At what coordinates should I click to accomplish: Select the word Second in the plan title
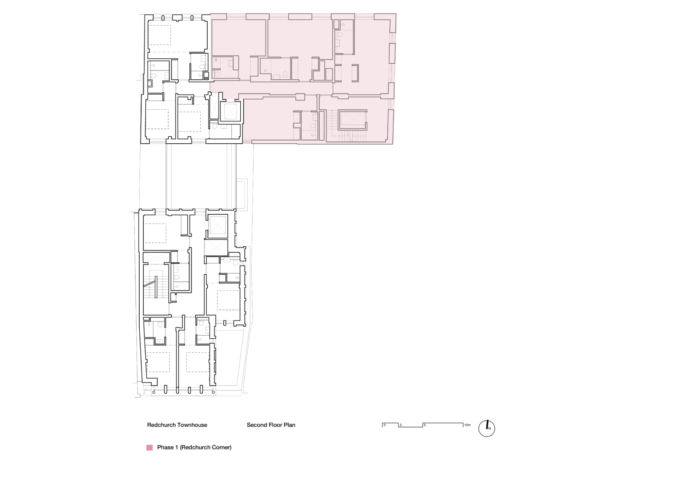click(x=257, y=425)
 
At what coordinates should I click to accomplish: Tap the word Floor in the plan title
click(x=276, y=425)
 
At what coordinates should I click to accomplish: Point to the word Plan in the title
click(x=290, y=425)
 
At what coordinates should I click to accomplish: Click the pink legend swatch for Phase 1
click(x=149, y=448)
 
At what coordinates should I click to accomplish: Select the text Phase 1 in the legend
click(x=168, y=448)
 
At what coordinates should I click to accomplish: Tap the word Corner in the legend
click(x=222, y=448)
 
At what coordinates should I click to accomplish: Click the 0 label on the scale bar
click(x=384, y=425)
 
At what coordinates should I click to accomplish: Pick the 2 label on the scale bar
click(x=401, y=425)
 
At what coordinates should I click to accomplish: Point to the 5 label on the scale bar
click(x=424, y=425)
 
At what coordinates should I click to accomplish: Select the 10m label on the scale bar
click(x=467, y=425)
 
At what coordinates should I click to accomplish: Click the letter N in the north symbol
click(x=489, y=429)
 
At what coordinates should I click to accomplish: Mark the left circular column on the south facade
click(x=166, y=389)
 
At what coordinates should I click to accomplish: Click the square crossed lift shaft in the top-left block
click(x=229, y=111)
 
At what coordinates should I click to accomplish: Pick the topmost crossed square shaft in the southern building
click(x=217, y=226)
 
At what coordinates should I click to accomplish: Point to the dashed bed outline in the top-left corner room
click(x=159, y=34)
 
